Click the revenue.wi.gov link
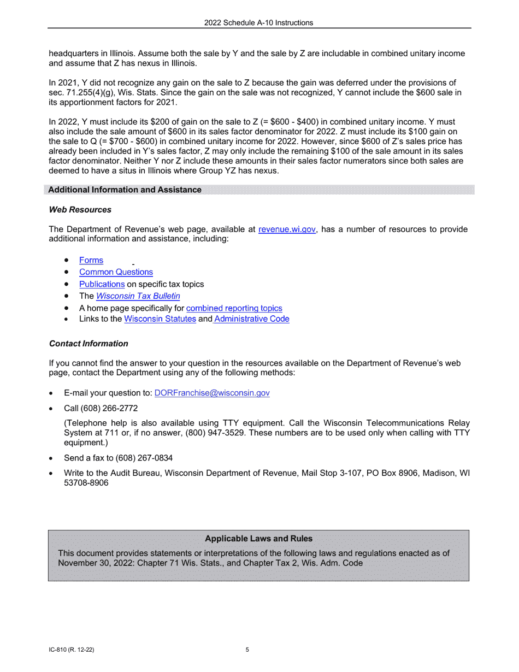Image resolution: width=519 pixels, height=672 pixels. click(287, 229)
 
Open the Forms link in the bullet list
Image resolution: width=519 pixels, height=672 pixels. click(91, 260)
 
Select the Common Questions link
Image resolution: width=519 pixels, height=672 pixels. click(116, 272)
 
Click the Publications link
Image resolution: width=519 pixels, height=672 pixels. click(102, 284)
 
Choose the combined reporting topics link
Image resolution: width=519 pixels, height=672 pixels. click(234, 308)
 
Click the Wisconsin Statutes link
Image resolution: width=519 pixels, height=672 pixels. click(160, 319)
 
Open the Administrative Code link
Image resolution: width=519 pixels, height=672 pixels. click(251, 319)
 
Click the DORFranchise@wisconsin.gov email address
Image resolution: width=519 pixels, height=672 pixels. click(212, 393)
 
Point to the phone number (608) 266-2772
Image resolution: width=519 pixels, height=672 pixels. click(109, 408)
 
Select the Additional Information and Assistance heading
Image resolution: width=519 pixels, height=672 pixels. click(125, 190)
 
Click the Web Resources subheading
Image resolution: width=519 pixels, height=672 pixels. click(80, 210)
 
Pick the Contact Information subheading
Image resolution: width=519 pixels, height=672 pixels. click(89, 344)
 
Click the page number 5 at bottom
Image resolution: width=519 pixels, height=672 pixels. click(247, 650)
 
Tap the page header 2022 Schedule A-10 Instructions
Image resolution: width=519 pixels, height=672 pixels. click(258, 23)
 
